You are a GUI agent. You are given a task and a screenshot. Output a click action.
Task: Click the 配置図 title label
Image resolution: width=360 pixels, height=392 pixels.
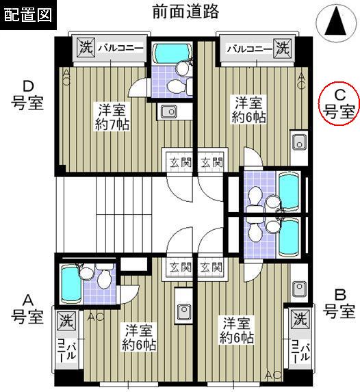click(x=28, y=15)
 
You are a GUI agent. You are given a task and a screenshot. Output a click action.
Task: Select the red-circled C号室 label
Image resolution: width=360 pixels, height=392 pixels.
click(x=339, y=103)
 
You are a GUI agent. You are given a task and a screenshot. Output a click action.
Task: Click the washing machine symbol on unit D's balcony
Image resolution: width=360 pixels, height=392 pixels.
click(x=85, y=47)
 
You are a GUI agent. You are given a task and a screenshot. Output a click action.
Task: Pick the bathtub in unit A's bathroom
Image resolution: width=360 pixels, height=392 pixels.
click(x=69, y=281)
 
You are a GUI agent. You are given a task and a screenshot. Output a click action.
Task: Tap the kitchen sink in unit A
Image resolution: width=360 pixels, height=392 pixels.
click(x=184, y=311)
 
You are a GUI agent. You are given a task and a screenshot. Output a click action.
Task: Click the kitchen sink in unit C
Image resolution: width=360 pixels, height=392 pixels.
click(x=298, y=143)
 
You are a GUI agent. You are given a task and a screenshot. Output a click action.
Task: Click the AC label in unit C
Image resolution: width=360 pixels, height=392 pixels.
click(x=301, y=82)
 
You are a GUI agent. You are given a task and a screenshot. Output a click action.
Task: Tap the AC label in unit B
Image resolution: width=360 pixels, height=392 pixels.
click(x=272, y=375)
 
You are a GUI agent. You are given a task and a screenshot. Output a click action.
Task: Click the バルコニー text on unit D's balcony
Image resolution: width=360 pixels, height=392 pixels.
click(x=120, y=48)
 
